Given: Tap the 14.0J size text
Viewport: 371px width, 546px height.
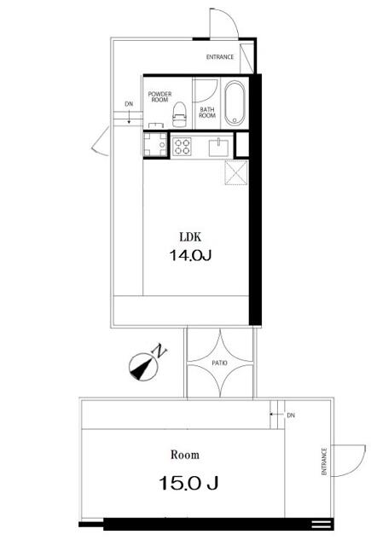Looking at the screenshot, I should pyautogui.click(x=190, y=254).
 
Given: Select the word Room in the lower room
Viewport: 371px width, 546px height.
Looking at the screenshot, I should pyautogui.click(x=184, y=455).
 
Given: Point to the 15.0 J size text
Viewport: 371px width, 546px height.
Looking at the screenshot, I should pyautogui.click(x=188, y=484).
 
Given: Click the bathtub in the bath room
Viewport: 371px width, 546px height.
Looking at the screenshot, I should pyautogui.click(x=234, y=102).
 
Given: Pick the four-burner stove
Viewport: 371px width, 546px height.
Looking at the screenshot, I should pyautogui.click(x=183, y=147).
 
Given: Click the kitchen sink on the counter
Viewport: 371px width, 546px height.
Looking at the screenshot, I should pyautogui.click(x=218, y=146).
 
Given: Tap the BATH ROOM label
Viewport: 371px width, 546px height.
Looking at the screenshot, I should pyautogui.click(x=207, y=112).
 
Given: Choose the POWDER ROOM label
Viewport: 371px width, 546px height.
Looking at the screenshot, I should pyautogui.click(x=159, y=97).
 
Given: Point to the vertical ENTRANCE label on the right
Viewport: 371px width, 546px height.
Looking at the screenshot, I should pyautogui.click(x=324, y=462).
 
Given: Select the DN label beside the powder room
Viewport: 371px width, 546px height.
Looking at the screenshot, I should pyautogui.click(x=129, y=105).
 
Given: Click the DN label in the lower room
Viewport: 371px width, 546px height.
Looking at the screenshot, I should pyautogui.click(x=290, y=415).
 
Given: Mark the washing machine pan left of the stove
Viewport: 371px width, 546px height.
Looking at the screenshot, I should pyautogui.click(x=155, y=146).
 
